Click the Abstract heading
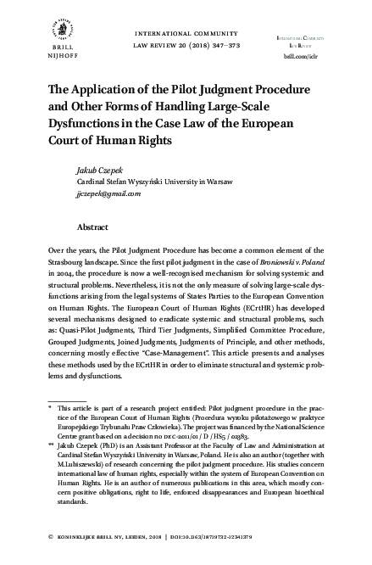(92, 227)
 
